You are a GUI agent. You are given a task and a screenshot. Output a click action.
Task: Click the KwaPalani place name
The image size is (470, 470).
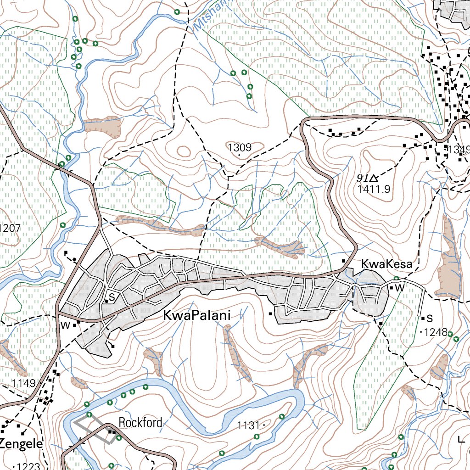196,316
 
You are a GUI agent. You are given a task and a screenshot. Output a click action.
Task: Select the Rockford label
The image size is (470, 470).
140,422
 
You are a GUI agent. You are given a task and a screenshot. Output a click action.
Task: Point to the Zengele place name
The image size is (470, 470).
21,444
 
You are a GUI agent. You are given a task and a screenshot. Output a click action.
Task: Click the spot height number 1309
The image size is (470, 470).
239,147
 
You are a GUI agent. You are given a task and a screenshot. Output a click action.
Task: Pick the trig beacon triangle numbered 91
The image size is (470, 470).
374,178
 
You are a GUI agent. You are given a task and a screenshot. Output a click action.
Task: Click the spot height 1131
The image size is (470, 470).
248,426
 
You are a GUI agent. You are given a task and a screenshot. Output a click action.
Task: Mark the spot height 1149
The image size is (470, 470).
24,383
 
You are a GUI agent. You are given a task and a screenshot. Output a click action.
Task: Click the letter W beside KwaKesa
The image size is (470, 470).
399,288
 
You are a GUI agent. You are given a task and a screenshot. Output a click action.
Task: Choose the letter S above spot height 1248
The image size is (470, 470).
430,318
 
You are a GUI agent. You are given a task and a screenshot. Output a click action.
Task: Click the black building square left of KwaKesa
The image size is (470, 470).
344,261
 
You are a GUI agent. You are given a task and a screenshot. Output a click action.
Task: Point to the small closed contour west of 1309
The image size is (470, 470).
184,151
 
